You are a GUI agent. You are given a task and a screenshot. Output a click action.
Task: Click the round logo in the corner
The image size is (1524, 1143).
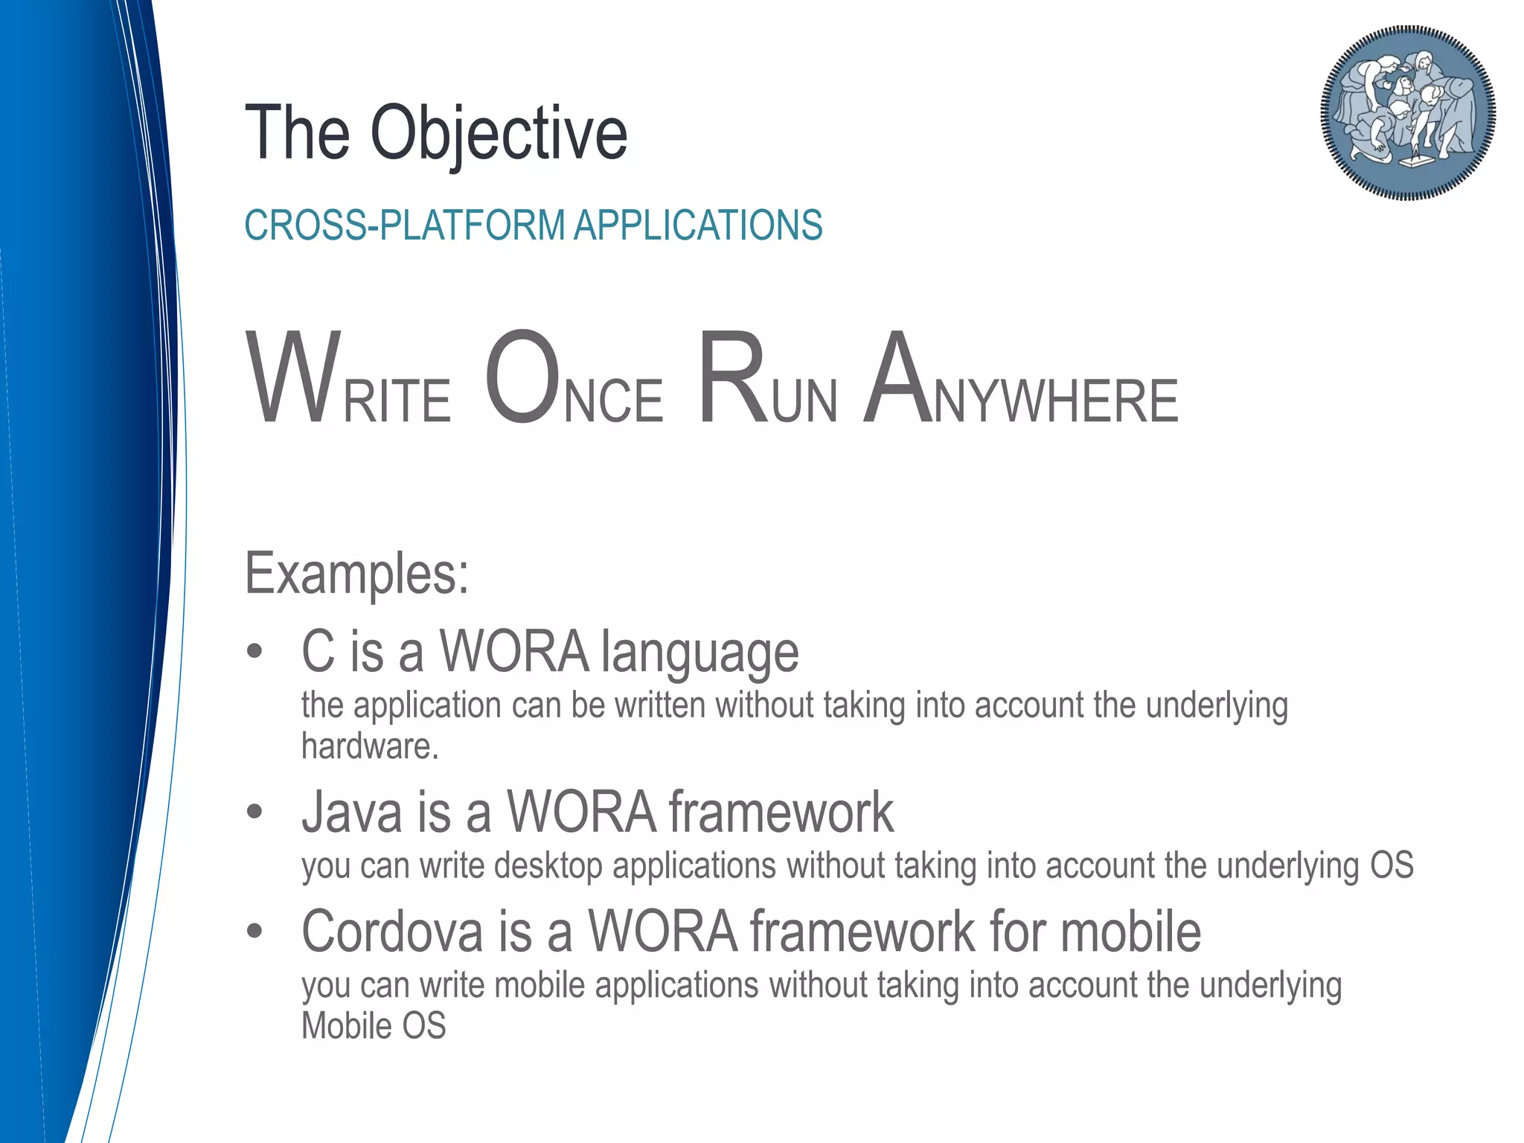pyautogui.click(x=1408, y=113)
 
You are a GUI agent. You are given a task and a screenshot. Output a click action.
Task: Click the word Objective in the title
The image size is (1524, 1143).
pyautogui.click(x=499, y=134)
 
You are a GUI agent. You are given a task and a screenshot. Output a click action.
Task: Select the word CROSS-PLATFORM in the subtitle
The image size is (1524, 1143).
pyautogui.click(x=404, y=225)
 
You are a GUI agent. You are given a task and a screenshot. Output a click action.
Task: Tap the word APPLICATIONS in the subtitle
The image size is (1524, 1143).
pyautogui.click(x=698, y=225)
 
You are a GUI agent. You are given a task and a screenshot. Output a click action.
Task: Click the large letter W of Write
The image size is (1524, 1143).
pyautogui.click(x=294, y=380)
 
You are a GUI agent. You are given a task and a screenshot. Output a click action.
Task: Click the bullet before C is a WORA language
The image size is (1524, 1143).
pyautogui.click(x=255, y=652)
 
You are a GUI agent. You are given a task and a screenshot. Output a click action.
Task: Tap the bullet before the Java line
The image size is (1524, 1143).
pyautogui.click(x=255, y=812)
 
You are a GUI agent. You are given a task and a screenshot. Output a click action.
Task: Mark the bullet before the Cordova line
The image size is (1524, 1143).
pyautogui.click(x=255, y=931)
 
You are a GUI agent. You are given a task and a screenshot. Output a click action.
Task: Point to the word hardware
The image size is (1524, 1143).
pyautogui.click(x=369, y=746)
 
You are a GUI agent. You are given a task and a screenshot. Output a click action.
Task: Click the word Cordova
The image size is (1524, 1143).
pyautogui.click(x=392, y=932)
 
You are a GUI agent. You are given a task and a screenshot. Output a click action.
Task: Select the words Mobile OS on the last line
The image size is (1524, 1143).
pyautogui.click(x=374, y=1026)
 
